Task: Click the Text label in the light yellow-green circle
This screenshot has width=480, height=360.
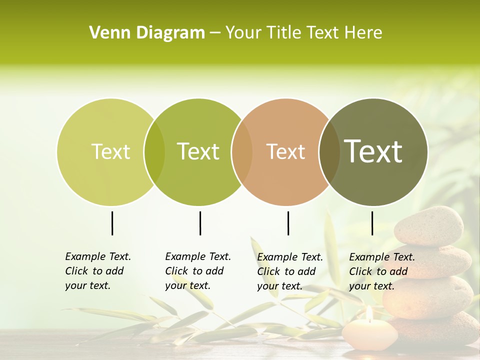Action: [110, 151]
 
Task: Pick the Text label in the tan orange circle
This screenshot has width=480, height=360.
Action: [285, 151]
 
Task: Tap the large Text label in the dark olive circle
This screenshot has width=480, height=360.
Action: [373, 151]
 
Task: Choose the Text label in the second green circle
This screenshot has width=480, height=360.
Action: [198, 151]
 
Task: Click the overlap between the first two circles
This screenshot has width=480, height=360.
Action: [154, 151]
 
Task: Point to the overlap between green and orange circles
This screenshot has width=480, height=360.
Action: [242, 151]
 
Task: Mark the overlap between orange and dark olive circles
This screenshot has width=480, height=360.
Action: [329, 151]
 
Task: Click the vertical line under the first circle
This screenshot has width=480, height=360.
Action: [112, 223]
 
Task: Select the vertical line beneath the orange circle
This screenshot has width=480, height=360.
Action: [288, 223]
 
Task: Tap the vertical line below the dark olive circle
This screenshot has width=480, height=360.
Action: [372, 223]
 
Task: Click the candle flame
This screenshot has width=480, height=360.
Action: [369, 313]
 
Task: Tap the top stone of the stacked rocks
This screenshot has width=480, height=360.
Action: [428, 226]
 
